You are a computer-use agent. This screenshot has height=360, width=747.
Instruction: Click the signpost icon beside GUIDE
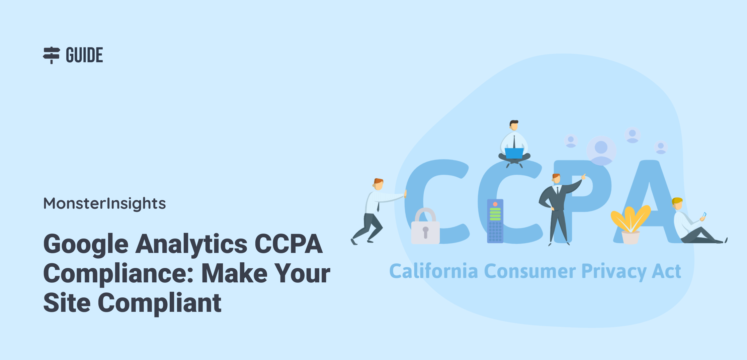click(51, 55)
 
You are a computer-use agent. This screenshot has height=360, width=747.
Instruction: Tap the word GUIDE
click(84, 55)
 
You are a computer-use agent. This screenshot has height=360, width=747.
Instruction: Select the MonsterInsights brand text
click(104, 203)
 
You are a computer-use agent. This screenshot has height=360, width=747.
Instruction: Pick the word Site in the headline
click(67, 303)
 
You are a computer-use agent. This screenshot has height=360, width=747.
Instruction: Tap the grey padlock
click(425, 226)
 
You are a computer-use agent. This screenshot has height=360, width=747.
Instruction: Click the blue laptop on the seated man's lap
click(514, 153)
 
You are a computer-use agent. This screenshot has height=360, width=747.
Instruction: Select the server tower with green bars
click(495, 221)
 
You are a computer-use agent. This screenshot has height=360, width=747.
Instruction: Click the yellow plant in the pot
click(630, 218)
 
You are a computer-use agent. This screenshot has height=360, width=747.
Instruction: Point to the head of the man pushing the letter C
click(378, 184)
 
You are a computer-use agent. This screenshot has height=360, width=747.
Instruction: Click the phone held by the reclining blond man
click(704, 215)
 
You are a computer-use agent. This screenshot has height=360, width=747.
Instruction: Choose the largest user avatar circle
click(601, 150)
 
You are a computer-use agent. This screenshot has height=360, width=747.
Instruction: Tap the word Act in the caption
click(666, 271)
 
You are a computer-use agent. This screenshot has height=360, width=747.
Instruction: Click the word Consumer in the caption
click(530, 271)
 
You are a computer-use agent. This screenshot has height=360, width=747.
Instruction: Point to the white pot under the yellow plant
click(631, 238)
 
